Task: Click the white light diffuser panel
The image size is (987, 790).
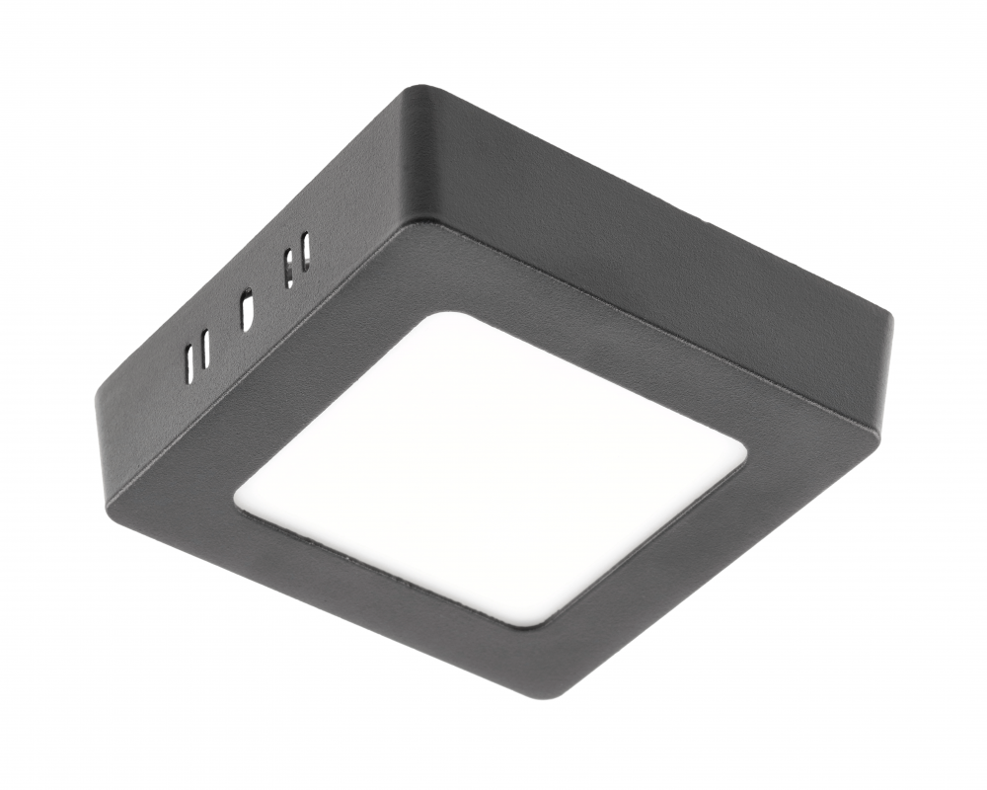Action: coord(491,467)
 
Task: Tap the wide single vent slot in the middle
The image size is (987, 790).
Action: coord(247,308)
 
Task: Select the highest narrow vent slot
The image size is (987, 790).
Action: coord(306,250)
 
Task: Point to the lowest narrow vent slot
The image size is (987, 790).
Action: coord(188,365)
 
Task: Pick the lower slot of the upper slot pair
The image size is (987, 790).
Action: coord(289,269)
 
